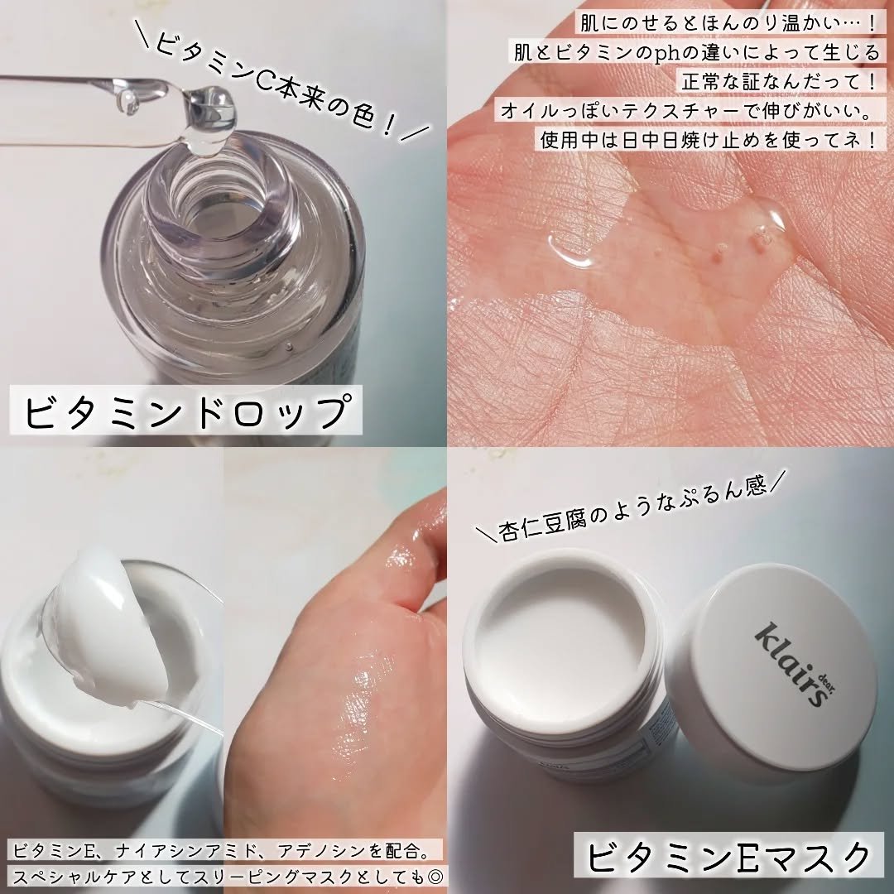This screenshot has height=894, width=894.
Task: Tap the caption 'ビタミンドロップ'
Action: click(184, 411)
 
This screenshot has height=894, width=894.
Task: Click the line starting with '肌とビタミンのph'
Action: click(695, 52)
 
